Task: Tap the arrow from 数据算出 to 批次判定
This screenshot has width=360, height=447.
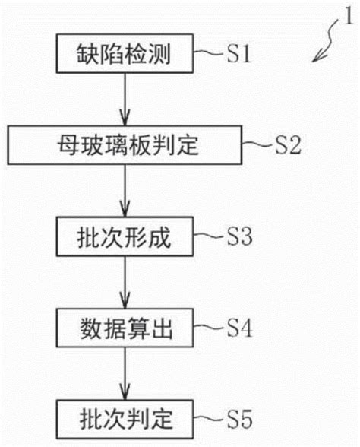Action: click(125, 374)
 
